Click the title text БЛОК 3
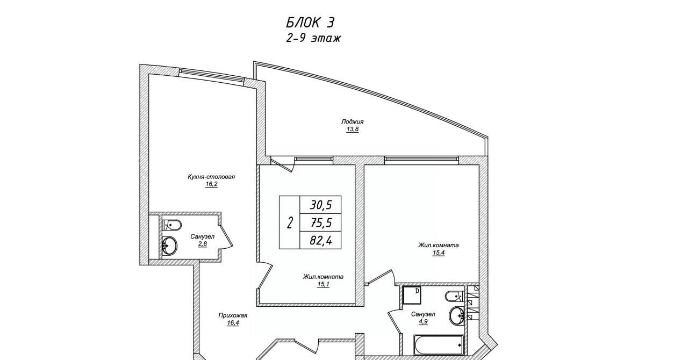(310, 23)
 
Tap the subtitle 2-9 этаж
(313, 38)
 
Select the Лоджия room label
(352, 121)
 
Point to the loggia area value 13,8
(353, 129)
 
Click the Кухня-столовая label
(211, 177)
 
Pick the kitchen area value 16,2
(211, 184)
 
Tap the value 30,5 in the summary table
(321, 205)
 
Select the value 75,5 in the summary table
(321, 222)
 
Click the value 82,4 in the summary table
(321, 240)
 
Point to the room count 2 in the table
(289, 222)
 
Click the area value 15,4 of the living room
(439, 253)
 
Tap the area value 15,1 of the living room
(323, 284)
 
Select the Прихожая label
(233, 315)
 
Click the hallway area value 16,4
(233, 323)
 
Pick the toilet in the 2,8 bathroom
(171, 225)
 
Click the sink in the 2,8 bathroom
(169, 246)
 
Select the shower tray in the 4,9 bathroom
(412, 295)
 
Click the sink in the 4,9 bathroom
(457, 316)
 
